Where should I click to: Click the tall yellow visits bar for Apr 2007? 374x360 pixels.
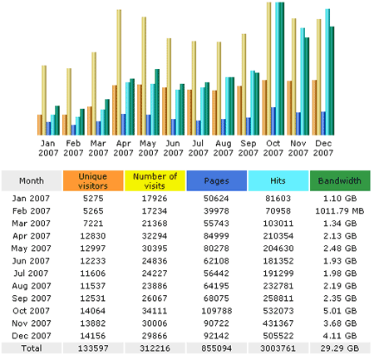tap(119, 72)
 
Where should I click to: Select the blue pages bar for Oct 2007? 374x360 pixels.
tap(273, 121)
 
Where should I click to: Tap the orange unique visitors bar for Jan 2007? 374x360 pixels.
tap(40, 125)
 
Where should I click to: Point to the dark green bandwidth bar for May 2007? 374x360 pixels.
tap(157, 102)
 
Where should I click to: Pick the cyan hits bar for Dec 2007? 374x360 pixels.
tap(327, 72)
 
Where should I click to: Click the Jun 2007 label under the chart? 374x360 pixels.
tap(173, 148)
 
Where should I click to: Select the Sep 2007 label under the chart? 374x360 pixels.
tap(248, 148)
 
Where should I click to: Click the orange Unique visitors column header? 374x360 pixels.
tap(93, 180)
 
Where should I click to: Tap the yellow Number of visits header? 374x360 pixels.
tap(155, 180)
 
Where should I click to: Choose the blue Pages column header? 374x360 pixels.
tap(217, 180)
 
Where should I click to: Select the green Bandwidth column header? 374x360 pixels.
tap(340, 180)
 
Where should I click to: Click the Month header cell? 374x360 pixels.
tap(32, 180)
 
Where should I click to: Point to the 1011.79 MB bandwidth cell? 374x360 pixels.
tap(340, 211)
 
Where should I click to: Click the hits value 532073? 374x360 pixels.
tap(278, 311)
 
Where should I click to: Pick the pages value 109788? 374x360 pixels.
tap(217, 311)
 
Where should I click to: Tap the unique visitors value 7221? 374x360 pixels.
tap(93, 224)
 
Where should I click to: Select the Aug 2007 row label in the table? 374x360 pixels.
tap(32, 286)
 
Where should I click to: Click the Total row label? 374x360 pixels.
tap(32, 348)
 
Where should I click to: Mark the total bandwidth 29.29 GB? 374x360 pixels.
tap(340, 348)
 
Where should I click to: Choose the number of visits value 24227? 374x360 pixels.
tap(155, 274)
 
